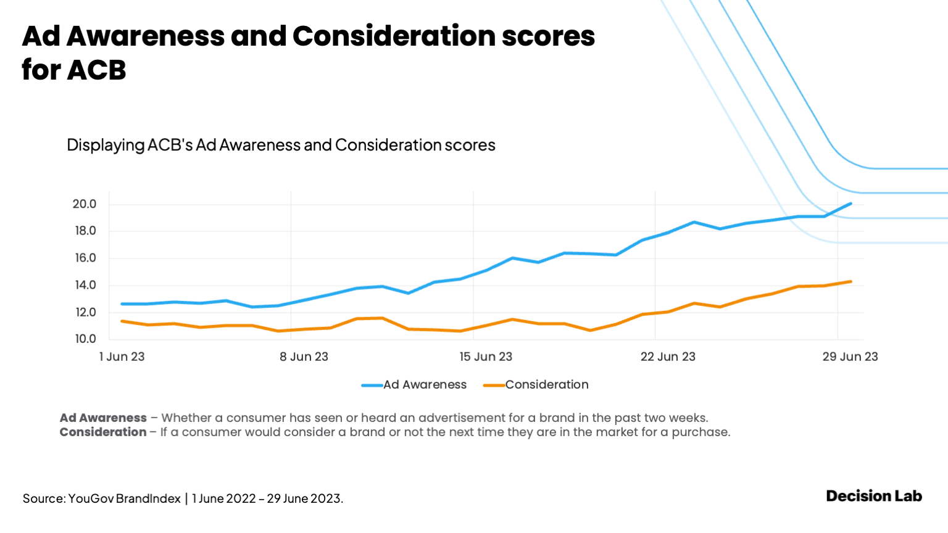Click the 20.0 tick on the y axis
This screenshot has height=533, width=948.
click(85, 204)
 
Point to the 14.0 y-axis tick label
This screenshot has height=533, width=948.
click(85, 285)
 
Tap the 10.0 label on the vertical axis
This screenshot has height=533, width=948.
click(85, 339)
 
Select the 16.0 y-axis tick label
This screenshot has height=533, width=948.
click(85, 258)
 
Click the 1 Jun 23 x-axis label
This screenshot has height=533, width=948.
click(122, 357)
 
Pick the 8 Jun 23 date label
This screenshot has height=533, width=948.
click(304, 357)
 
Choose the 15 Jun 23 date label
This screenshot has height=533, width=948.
click(486, 357)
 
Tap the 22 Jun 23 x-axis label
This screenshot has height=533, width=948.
click(668, 357)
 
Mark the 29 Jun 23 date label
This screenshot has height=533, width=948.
click(850, 357)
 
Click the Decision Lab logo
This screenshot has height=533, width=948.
click(873, 496)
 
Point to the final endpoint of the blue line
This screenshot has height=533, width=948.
click(850, 204)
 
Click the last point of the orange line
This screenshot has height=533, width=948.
click(850, 282)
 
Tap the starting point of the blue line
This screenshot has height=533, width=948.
click(122, 304)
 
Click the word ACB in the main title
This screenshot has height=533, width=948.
click(97, 70)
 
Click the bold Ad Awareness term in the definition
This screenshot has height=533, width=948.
click(103, 418)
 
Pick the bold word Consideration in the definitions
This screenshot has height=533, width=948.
click(103, 432)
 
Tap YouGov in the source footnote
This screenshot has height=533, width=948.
click(90, 498)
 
